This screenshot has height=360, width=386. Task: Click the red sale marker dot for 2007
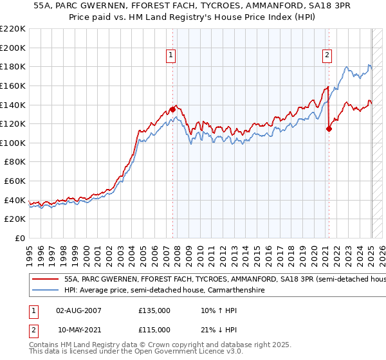(172, 109)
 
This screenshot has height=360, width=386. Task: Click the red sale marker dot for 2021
(329, 129)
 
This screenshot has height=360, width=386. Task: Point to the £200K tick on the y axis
(14, 48)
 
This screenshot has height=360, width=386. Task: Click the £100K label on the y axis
(14, 143)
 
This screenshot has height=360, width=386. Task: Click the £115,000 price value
(154, 330)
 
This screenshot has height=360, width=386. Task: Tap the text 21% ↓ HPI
(218, 330)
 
